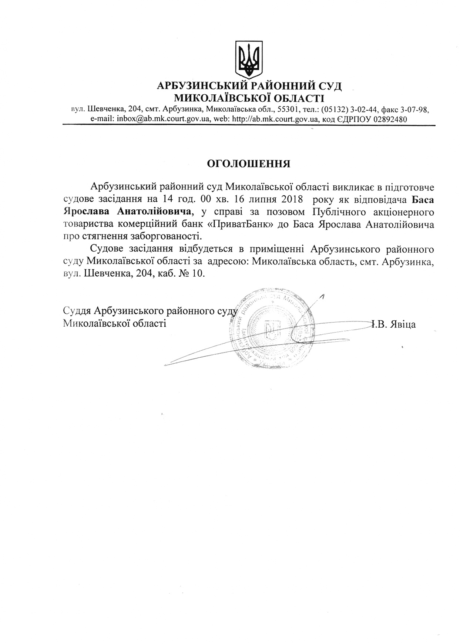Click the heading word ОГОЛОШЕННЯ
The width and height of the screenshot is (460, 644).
click(248, 164)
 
